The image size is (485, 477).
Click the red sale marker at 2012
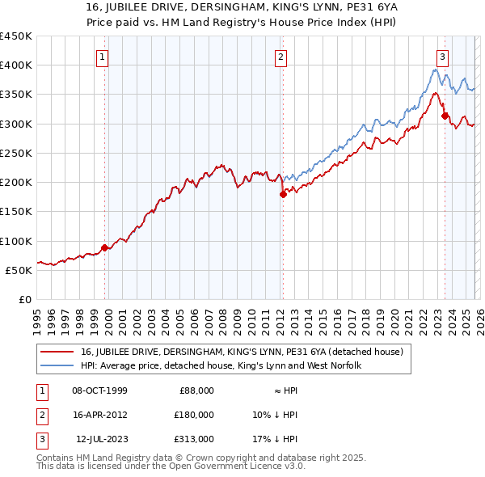pyautogui.click(x=284, y=194)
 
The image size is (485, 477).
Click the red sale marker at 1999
pyautogui.click(x=105, y=247)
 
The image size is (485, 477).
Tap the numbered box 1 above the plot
pyautogui.click(x=103, y=57)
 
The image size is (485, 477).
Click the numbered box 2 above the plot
pyautogui.click(x=280, y=57)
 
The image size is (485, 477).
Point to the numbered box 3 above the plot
pyautogui.click(x=443, y=57)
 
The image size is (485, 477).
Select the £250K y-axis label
pyautogui.click(x=16, y=153)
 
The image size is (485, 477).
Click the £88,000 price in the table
pyautogui.click(x=196, y=390)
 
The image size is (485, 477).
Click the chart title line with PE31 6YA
pyautogui.click(x=242, y=7)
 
